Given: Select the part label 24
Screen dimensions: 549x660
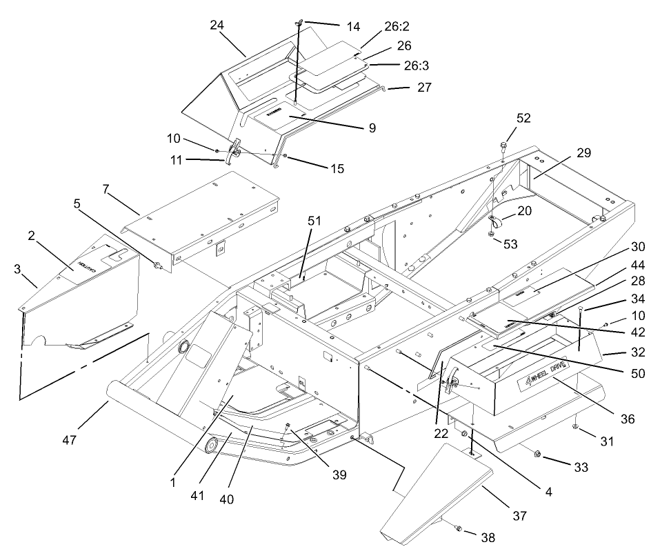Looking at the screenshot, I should (x=219, y=26).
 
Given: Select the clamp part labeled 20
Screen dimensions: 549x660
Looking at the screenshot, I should (x=495, y=222).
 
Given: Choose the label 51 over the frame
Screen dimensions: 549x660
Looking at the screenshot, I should (x=314, y=221).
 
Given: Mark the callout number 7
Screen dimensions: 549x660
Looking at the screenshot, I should (x=110, y=189).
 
